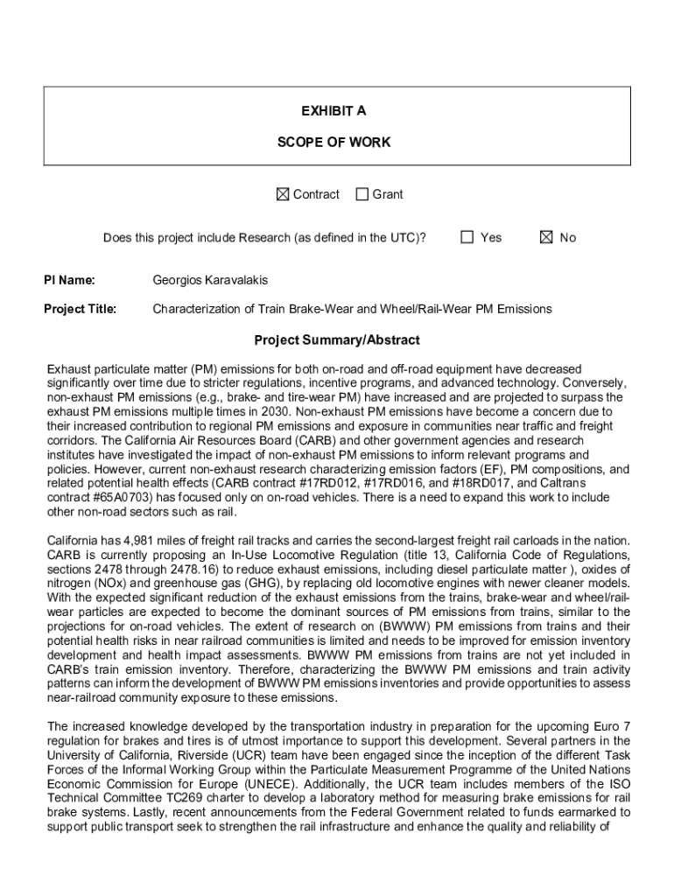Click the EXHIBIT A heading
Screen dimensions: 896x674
point(333,111)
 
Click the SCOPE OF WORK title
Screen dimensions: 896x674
point(333,142)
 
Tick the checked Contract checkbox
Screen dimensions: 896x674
point(282,194)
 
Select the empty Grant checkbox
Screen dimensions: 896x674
point(362,194)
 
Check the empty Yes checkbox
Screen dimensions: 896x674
point(467,237)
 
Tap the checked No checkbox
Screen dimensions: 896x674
point(546,237)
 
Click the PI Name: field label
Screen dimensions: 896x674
point(70,280)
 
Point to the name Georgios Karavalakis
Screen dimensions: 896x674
point(210,280)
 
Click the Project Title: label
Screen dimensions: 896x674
point(81,309)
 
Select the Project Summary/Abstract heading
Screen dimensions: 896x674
point(337,339)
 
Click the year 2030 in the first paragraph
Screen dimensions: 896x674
point(275,411)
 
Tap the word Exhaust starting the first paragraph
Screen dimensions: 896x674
point(69,369)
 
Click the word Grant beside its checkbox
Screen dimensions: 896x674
point(388,194)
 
